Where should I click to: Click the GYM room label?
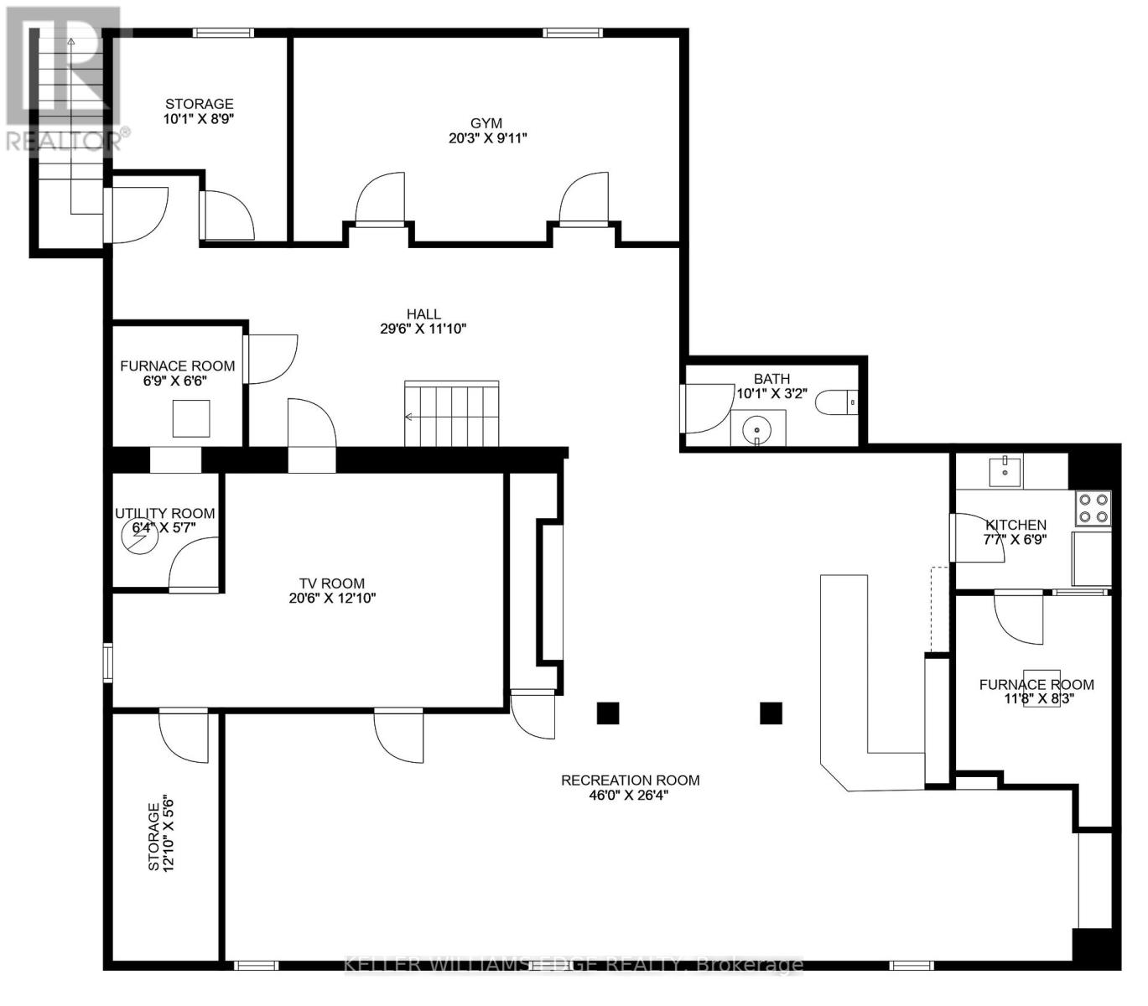tap(486, 123)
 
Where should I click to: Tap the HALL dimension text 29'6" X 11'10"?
tap(423, 329)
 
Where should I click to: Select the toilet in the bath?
tap(836, 402)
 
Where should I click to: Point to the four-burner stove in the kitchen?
tap(1093, 508)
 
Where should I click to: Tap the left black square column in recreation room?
tap(607, 713)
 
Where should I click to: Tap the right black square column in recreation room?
tap(771, 713)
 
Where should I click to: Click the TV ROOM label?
tap(331, 583)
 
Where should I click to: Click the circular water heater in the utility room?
tap(140, 537)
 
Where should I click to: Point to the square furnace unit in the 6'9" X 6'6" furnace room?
tap(191, 418)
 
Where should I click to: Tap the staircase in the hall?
tap(452, 413)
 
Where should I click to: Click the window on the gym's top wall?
tap(572, 33)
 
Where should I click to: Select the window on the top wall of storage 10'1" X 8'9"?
tap(223, 33)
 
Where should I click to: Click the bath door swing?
tap(709, 408)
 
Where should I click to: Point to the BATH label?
tap(771, 378)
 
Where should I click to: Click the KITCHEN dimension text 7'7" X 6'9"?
tap(1015, 539)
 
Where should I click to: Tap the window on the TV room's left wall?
tap(107, 661)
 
